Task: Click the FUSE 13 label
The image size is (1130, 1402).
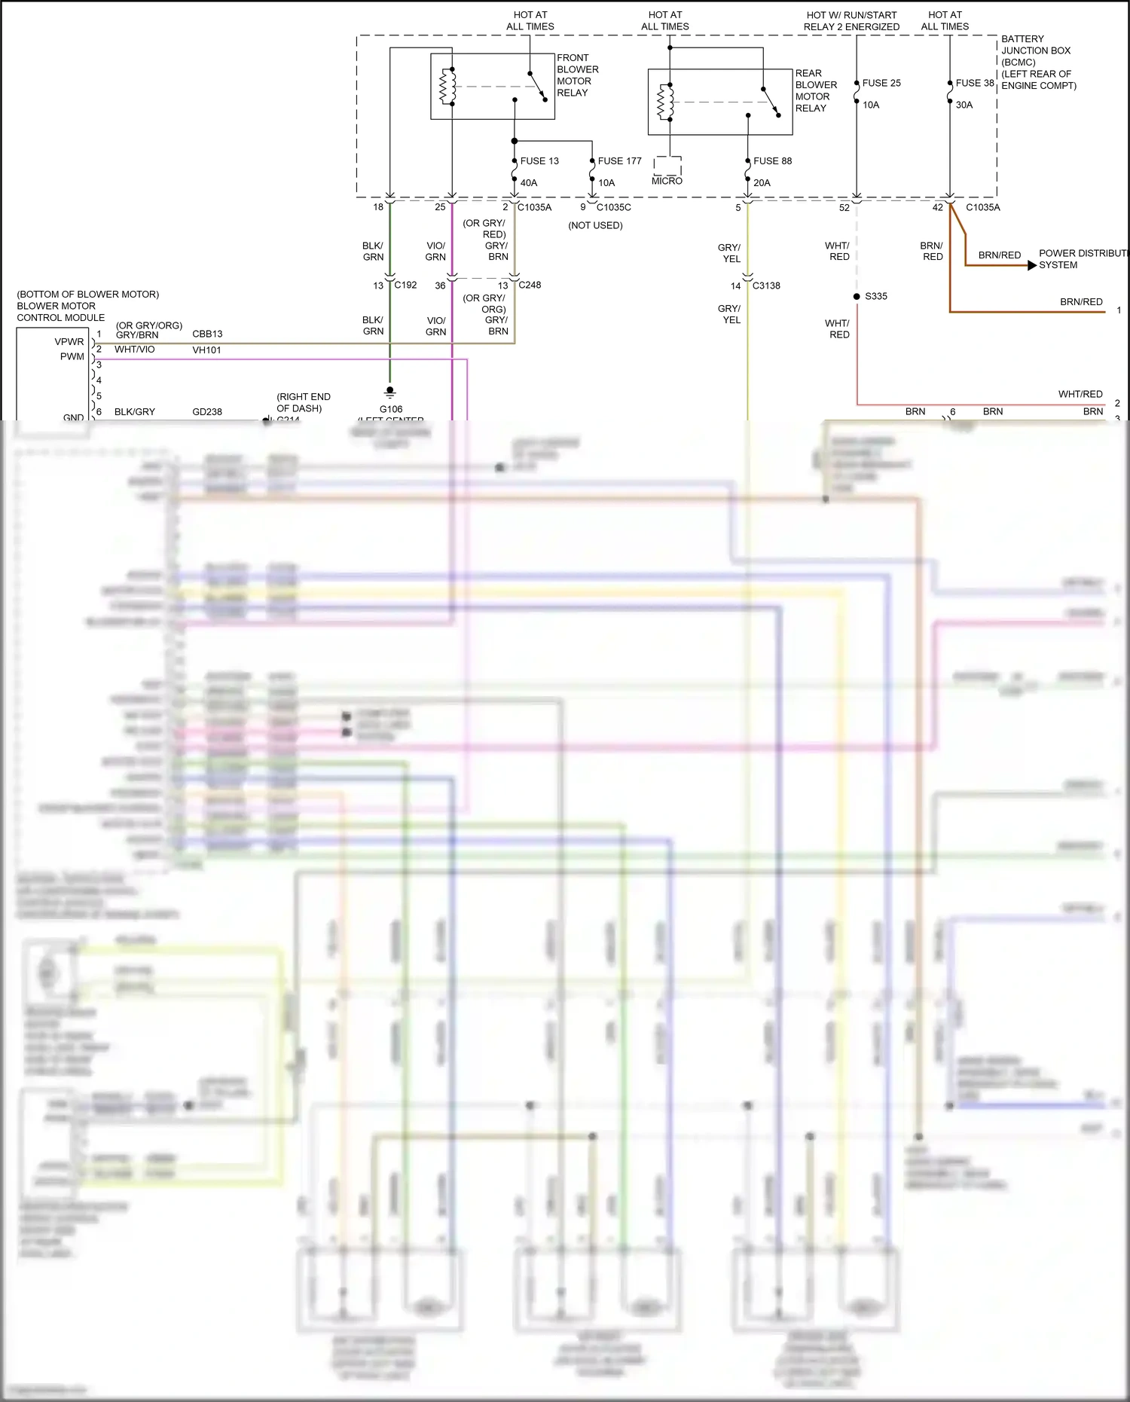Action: point(539,161)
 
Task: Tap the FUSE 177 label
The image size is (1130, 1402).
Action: point(619,161)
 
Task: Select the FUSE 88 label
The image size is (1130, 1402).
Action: point(772,161)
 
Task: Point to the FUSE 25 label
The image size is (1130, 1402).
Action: point(881,84)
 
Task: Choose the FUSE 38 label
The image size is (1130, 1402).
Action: point(975,84)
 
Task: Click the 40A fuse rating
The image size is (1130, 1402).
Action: point(529,183)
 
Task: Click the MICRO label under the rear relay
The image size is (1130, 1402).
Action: point(667,182)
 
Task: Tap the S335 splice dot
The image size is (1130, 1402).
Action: point(857,297)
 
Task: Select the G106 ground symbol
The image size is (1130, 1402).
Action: point(389,392)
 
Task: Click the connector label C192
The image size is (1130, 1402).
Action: point(405,286)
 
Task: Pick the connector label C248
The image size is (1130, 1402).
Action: point(530,286)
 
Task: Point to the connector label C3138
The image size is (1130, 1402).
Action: point(766,286)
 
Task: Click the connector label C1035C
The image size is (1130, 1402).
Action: point(614,208)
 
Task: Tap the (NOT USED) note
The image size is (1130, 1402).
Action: point(595,226)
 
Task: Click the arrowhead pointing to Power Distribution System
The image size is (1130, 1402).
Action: point(1031,265)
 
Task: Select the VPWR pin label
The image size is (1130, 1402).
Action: point(69,342)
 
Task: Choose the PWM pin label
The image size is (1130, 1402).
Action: point(72,357)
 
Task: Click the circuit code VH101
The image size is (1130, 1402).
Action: point(206,350)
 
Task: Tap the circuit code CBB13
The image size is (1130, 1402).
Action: point(207,334)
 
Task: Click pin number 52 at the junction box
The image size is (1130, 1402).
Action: point(844,208)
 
